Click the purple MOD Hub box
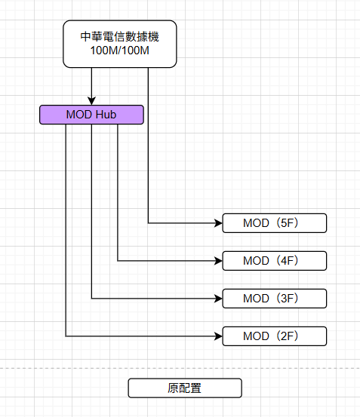pyautogui.click(x=91, y=115)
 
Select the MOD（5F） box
pyautogui.click(x=274, y=223)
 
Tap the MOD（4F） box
pyautogui.click(x=274, y=261)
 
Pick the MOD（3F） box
pyautogui.click(x=274, y=299)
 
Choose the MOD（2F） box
pyautogui.click(x=274, y=336)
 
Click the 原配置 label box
pyautogui.click(x=185, y=388)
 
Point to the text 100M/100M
pyautogui.click(x=120, y=51)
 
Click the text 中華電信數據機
pyautogui.click(x=120, y=37)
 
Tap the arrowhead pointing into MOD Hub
pyautogui.click(x=91, y=101)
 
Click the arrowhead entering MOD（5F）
pyautogui.click(x=218, y=223)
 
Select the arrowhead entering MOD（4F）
pyautogui.click(x=218, y=261)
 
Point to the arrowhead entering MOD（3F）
pyautogui.click(x=218, y=299)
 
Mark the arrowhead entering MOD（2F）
pyautogui.click(x=218, y=336)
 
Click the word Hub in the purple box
pyautogui.click(x=106, y=115)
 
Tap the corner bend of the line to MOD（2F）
pyautogui.click(x=66, y=336)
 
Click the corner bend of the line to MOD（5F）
pyautogui.click(x=148, y=223)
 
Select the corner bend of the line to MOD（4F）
pyautogui.click(x=118, y=261)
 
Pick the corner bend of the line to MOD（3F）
pyautogui.click(x=91, y=299)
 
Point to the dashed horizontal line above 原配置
pyautogui.click(x=180, y=368)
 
